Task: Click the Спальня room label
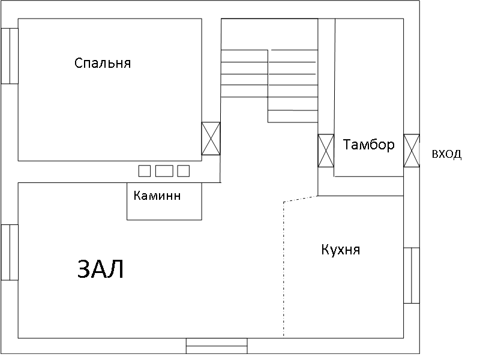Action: [103, 63]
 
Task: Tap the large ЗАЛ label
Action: [100, 269]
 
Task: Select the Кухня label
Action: [340, 250]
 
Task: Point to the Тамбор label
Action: [368, 145]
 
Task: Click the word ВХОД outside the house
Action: [446, 154]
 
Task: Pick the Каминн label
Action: [157, 196]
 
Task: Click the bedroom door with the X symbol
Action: [211, 139]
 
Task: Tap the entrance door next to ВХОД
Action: [412, 151]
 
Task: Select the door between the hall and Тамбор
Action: [326, 151]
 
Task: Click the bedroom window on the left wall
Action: [10, 56]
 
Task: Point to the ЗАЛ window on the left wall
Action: [10, 252]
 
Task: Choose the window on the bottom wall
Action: [217, 346]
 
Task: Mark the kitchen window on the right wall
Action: [412, 275]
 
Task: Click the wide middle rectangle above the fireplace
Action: [164, 171]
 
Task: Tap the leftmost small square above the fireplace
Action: [145, 171]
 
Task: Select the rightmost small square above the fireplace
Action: [184, 171]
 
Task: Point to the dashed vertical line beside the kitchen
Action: [284, 269]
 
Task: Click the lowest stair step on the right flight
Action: [293, 116]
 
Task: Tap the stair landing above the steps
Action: [269, 34]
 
